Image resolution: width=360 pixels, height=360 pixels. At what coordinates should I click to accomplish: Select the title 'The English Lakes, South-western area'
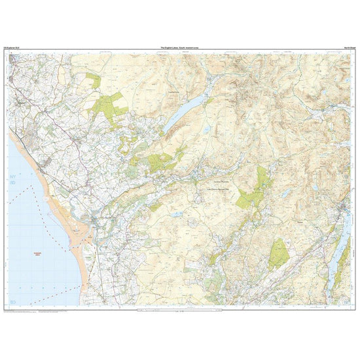pos(179,48)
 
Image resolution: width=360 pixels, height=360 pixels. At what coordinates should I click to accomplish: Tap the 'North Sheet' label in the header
pos(345,48)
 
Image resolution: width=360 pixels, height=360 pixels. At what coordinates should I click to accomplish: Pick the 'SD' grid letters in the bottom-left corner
pos(12,301)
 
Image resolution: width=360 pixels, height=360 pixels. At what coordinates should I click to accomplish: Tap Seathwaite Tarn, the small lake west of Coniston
pos(286,193)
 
